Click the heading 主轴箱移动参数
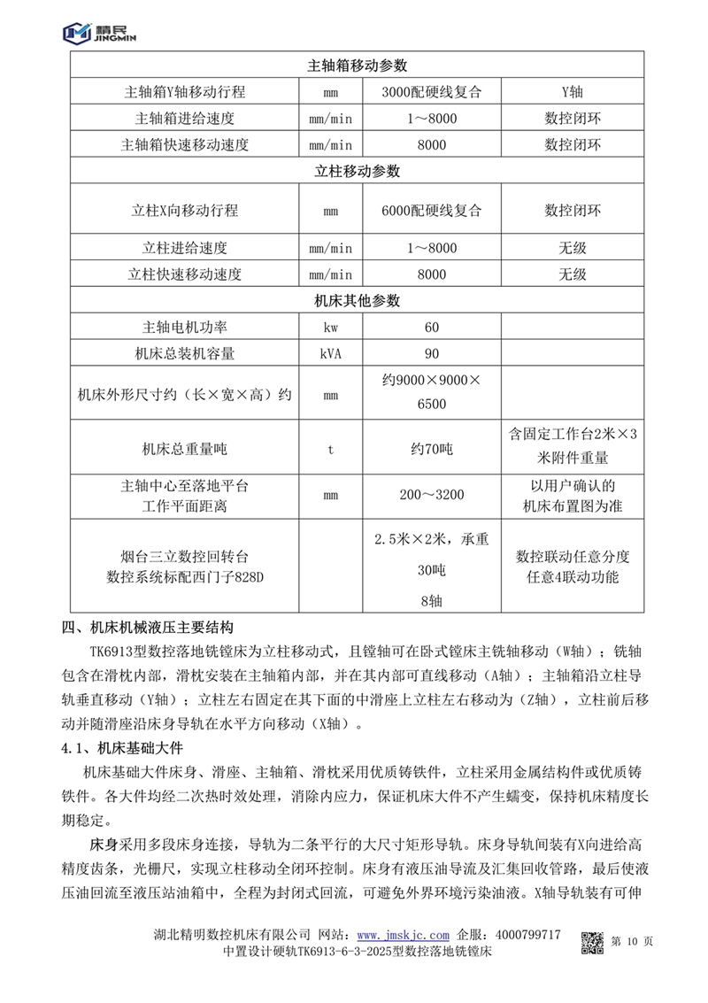pyautogui.click(x=357, y=66)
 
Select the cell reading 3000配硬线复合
pyautogui.click(x=431, y=92)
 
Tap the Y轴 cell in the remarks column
pyautogui.click(x=573, y=92)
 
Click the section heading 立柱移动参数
pyautogui.click(x=357, y=171)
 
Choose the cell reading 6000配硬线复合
pyautogui.click(x=431, y=211)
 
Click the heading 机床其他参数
pyautogui.click(x=357, y=301)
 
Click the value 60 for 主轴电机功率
pyautogui.click(x=431, y=328)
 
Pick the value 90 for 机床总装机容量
pyautogui.click(x=431, y=354)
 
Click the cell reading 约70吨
pyautogui.click(x=431, y=449)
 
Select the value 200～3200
pyautogui.click(x=431, y=495)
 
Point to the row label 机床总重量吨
pyautogui.click(x=184, y=449)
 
